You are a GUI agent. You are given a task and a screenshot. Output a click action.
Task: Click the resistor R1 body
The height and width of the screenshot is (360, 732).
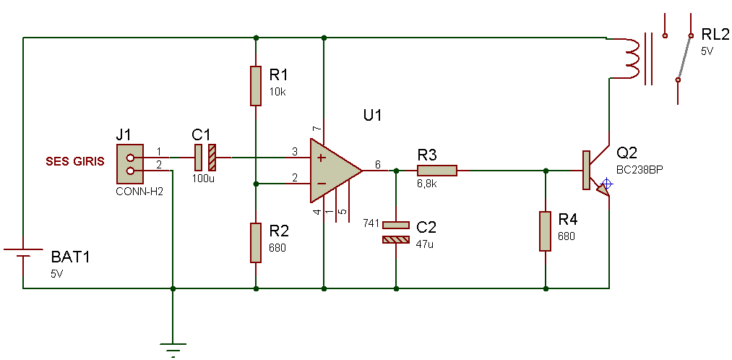(x=255, y=86)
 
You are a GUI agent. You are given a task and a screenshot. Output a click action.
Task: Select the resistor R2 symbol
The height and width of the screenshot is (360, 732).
(x=255, y=243)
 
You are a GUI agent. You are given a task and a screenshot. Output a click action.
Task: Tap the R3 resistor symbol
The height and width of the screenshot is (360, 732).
(x=437, y=171)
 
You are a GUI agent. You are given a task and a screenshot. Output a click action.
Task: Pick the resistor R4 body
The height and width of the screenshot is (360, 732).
(x=546, y=231)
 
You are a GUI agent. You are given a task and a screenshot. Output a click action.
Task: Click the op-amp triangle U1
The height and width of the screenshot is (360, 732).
(x=335, y=171)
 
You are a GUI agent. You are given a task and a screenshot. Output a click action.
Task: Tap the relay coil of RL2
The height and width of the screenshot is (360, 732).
(x=629, y=58)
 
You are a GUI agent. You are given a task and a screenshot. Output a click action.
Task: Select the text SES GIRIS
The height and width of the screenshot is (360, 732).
(x=74, y=161)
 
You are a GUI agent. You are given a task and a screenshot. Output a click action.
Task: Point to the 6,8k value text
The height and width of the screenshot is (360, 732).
(x=427, y=184)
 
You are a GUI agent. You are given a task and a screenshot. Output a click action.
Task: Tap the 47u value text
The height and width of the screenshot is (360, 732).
(x=424, y=243)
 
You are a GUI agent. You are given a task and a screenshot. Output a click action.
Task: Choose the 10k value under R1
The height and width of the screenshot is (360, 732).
(x=277, y=92)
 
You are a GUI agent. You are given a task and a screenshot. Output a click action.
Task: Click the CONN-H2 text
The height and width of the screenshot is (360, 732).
(x=139, y=192)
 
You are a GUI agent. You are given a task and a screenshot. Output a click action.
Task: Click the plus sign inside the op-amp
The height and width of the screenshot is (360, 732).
(x=321, y=158)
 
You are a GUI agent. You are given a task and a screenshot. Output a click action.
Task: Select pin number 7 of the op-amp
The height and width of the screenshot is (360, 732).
(x=317, y=128)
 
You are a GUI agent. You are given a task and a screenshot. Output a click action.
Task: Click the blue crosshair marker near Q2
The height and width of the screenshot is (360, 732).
(x=606, y=184)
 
